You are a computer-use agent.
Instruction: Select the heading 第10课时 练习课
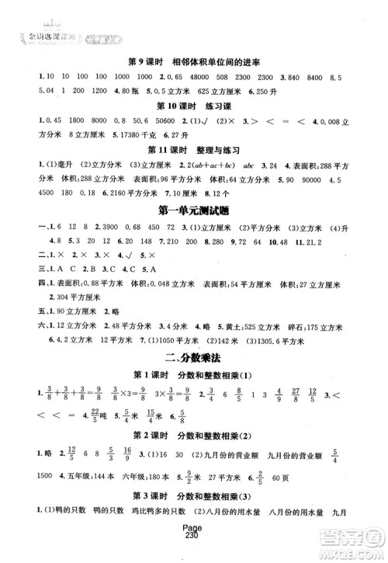[x=193, y=106]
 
